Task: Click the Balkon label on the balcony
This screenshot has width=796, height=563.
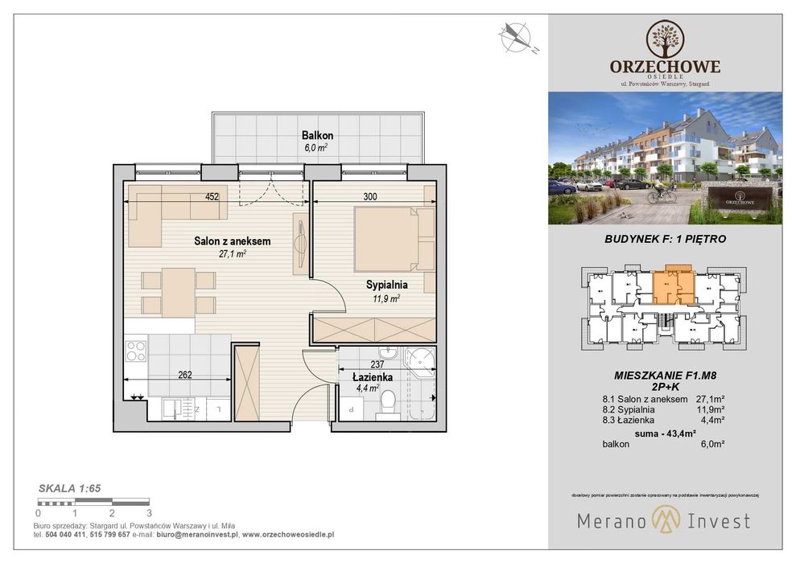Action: coord(317,136)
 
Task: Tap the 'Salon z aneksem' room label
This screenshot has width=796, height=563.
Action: coord(232,240)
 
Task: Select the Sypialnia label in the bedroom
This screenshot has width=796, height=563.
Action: coord(386,284)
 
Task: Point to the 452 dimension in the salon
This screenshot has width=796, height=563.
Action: coord(212,195)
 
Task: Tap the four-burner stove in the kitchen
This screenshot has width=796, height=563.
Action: coord(136,351)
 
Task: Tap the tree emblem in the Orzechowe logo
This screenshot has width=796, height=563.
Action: coord(665,38)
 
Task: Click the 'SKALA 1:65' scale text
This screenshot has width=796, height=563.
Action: coord(69,487)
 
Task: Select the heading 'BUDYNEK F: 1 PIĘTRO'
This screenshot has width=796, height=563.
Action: coord(665,239)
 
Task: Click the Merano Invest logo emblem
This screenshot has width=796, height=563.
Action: coord(664,520)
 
